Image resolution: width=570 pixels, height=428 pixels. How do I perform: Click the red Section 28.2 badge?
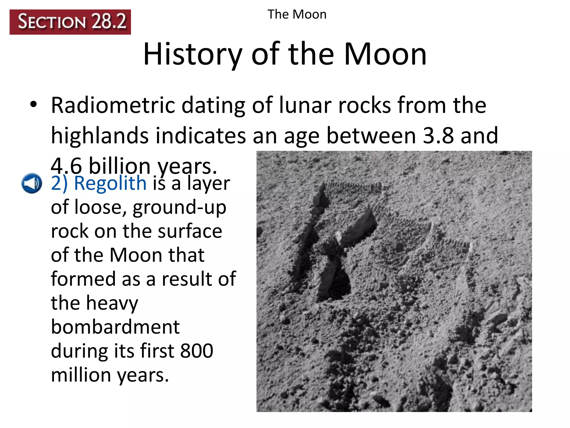click(70, 22)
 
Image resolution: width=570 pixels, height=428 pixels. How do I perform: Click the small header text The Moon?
click(297, 14)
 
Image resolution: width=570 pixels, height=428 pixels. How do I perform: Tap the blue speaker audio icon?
click(32, 183)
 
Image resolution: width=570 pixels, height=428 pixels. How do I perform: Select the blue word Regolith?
click(110, 183)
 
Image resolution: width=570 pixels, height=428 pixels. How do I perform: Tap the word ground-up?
click(180, 208)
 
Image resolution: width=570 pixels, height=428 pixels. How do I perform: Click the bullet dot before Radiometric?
click(34, 105)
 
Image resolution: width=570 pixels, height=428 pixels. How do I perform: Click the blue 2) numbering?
click(59, 184)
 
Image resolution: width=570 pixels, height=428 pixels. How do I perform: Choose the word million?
click(81, 375)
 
